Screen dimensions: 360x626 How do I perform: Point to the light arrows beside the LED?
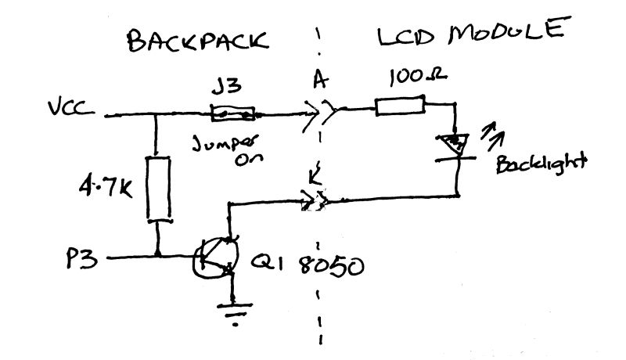coord(493,133)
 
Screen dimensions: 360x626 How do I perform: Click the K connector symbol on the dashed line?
coord(315,203)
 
